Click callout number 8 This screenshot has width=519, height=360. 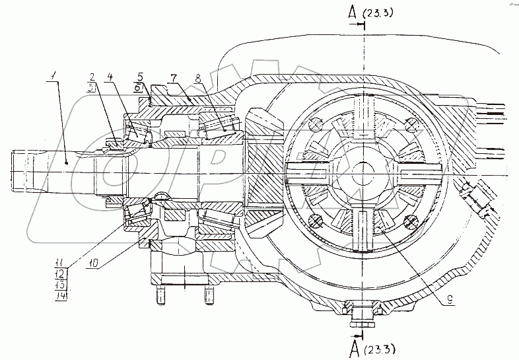coord(197,78)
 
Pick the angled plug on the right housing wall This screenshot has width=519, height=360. coord(477,201)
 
